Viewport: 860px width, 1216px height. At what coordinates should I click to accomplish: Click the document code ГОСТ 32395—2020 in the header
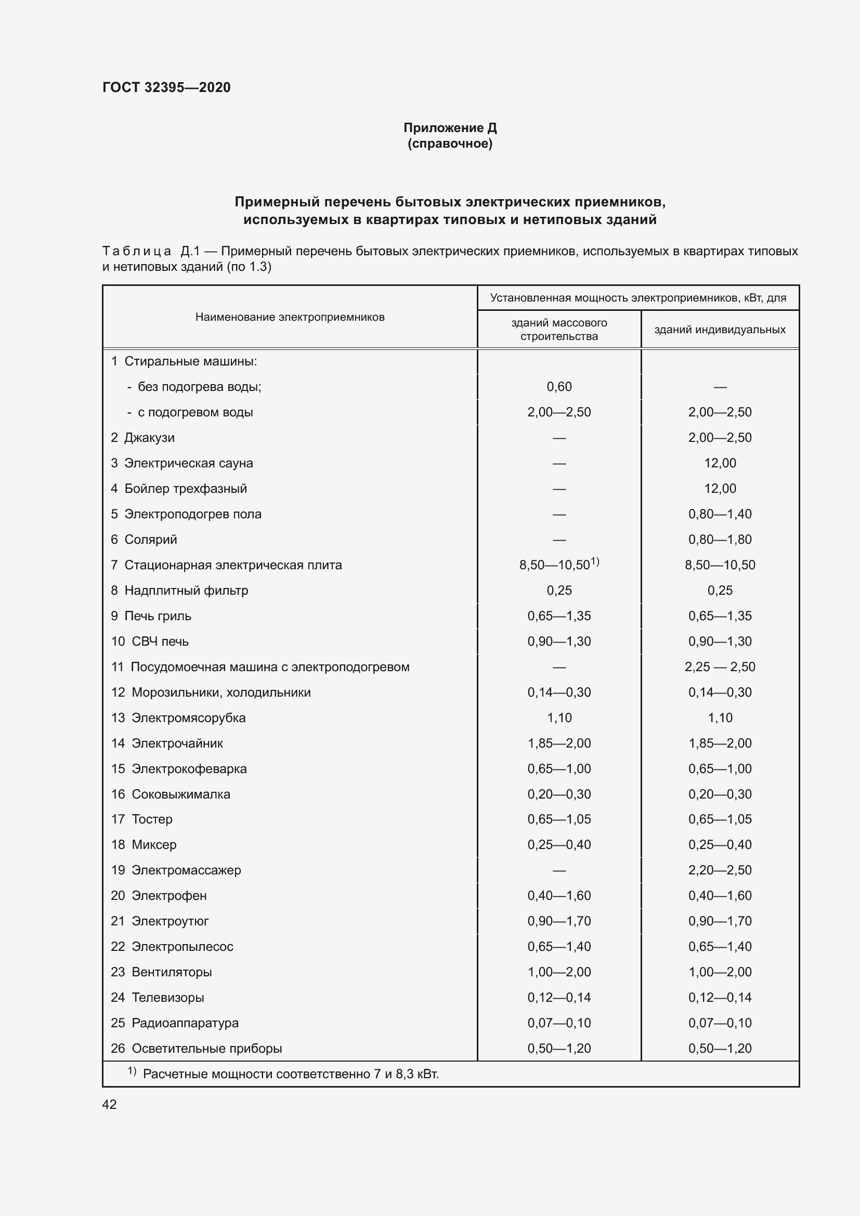(x=166, y=87)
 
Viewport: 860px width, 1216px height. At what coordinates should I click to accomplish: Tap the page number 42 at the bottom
(x=109, y=1104)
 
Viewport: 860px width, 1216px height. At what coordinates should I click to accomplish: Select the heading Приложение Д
(x=450, y=128)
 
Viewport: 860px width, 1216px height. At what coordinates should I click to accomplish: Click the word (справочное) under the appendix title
(x=450, y=143)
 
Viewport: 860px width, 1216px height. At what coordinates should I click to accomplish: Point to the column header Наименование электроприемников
(x=290, y=317)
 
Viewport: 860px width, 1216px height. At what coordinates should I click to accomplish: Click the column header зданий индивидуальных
(x=720, y=330)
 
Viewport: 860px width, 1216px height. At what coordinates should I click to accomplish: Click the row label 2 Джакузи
(x=142, y=437)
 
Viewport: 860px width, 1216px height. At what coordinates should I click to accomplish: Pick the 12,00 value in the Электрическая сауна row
(x=720, y=463)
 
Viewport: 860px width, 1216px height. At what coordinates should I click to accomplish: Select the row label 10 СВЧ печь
(x=150, y=642)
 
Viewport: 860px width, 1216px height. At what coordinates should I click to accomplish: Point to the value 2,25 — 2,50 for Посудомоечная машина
(x=720, y=667)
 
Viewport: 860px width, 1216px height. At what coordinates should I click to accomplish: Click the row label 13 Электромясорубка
(x=178, y=717)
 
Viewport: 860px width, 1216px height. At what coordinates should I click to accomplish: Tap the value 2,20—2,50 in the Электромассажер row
(x=720, y=870)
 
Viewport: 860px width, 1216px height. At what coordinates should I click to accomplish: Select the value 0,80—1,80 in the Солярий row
(x=720, y=539)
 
